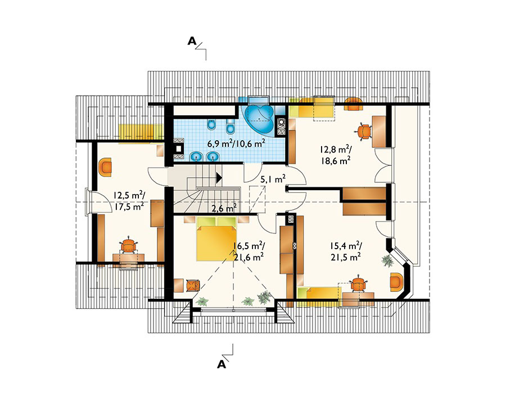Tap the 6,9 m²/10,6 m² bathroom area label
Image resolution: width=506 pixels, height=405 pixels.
236,143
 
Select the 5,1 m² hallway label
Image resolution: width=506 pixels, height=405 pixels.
273,179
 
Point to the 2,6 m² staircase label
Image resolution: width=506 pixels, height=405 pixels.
224,208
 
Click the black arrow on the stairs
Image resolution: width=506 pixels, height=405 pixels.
219,177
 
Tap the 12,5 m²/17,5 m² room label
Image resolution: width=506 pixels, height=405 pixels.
129,201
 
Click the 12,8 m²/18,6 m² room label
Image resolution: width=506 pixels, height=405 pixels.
336,155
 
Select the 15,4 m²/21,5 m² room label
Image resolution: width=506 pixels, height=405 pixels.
345,251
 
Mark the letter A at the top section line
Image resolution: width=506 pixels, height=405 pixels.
192,41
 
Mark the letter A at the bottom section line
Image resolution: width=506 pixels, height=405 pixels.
222,364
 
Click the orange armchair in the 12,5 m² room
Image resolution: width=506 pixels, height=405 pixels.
106,167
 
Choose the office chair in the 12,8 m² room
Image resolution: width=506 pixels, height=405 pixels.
364,131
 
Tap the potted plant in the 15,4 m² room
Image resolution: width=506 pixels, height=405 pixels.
387,260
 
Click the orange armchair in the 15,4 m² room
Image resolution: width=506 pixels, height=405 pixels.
396,282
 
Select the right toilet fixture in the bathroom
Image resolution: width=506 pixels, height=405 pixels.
231,127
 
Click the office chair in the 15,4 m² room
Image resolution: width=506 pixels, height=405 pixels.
358,284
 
